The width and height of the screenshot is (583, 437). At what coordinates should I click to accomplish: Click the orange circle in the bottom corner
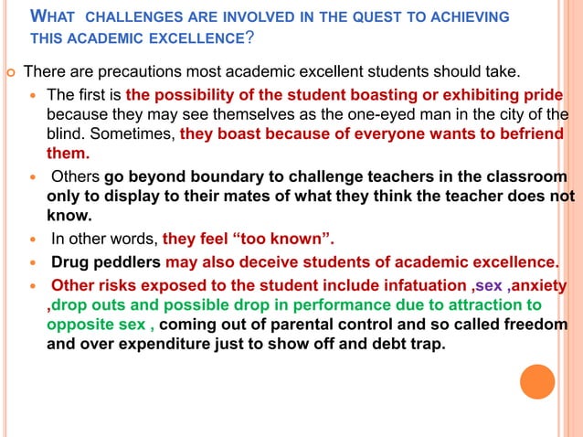(537, 381)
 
